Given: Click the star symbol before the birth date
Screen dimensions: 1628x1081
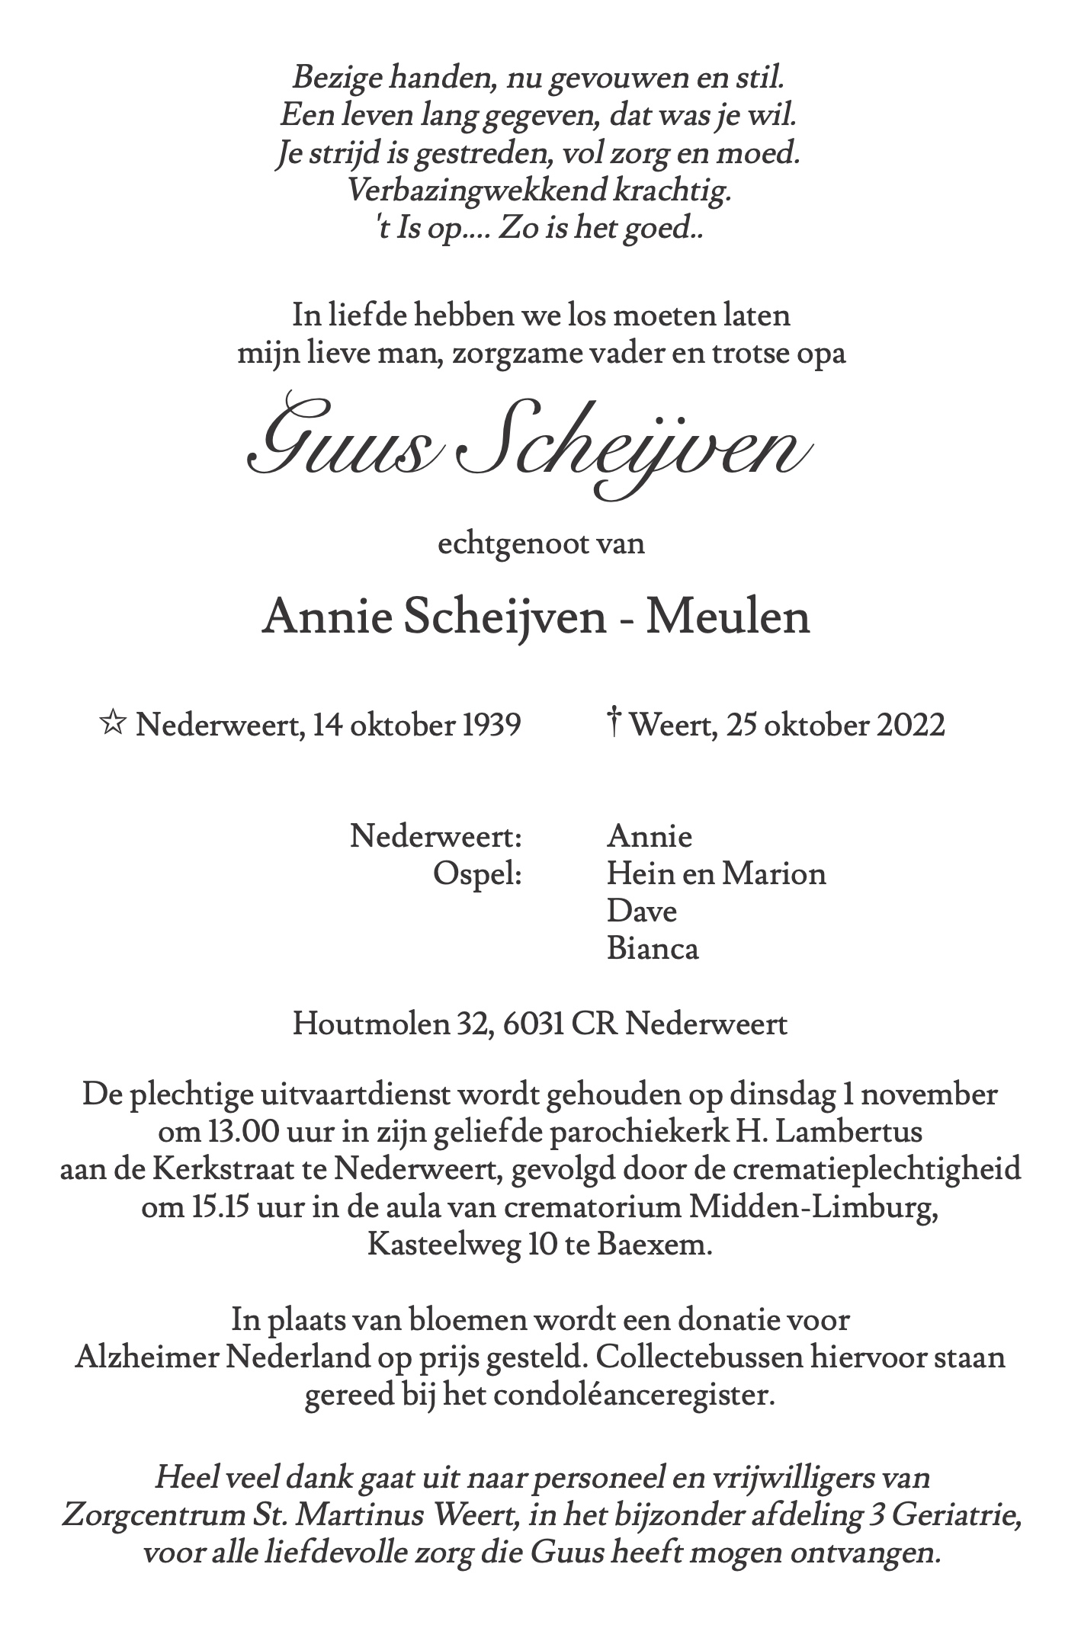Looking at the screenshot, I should pos(113,723).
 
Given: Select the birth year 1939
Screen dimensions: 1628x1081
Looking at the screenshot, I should pos(492,724).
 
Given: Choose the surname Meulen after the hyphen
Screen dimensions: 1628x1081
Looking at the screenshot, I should pos(728,617).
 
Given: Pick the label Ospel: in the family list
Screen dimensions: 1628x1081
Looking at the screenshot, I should pos(477,873).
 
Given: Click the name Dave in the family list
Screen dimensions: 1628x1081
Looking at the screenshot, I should pos(642,911).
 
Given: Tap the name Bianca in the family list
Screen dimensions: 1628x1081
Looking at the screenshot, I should pos(653,948).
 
